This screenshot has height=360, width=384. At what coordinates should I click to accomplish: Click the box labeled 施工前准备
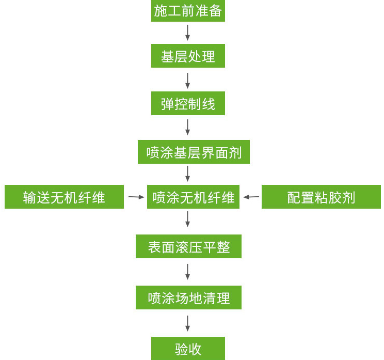(188, 11)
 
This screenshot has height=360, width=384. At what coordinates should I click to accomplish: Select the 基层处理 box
(188, 56)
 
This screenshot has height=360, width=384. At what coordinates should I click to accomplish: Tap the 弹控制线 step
(188, 103)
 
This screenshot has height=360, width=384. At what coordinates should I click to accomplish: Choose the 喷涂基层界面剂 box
(194, 152)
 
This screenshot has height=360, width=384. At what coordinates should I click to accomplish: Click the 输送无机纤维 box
(64, 197)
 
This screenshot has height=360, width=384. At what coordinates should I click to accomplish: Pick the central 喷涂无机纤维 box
(193, 197)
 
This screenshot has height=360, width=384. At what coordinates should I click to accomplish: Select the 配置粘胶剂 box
(321, 197)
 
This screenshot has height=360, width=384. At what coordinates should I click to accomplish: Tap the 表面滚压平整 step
(188, 246)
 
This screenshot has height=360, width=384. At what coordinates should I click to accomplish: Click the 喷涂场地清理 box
(188, 298)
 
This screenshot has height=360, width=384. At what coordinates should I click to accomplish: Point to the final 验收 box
(188, 349)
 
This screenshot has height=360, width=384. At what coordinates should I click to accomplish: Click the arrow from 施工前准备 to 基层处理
(188, 33)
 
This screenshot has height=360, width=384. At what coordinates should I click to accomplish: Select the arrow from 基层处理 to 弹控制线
(188, 80)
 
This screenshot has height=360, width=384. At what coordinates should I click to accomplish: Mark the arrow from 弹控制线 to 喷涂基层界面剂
(188, 127)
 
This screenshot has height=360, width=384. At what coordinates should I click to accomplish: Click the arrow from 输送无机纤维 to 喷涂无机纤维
(136, 197)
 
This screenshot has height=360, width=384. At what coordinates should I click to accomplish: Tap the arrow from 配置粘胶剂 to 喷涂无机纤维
(251, 197)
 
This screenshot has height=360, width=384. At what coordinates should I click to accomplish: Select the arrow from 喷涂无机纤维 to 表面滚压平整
(188, 219)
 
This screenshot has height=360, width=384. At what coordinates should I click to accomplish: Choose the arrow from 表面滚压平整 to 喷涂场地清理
(188, 272)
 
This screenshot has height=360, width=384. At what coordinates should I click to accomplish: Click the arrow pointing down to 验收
(188, 323)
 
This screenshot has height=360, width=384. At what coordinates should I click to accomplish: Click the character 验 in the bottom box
(181, 349)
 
